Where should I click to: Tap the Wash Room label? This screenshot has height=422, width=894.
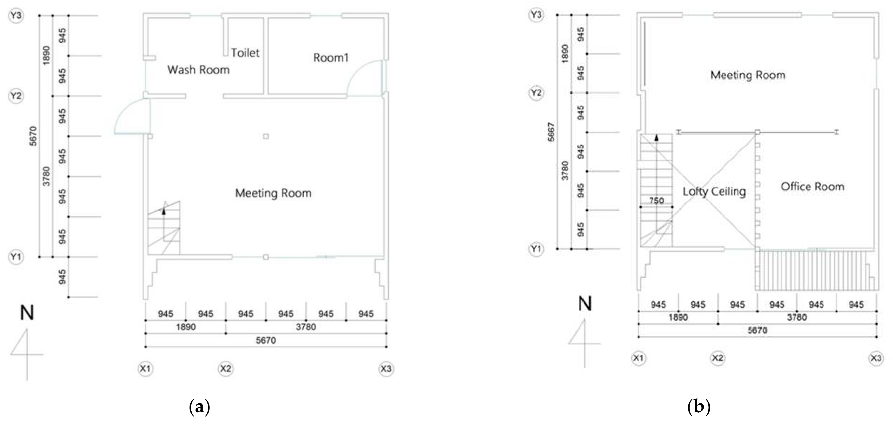point(198,70)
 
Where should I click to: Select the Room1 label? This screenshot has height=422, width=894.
point(331,57)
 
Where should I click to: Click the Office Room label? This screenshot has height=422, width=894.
point(812,187)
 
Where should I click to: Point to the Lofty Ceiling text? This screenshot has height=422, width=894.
point(714,191)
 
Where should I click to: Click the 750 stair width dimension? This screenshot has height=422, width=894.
point(656,200)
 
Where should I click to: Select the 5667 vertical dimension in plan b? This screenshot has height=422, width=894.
point(551,132)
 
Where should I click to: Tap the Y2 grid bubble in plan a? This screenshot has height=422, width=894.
point(16,96)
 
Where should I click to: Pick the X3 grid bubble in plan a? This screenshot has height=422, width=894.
point(386,369)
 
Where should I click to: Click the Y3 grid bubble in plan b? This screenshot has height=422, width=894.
point(536,15)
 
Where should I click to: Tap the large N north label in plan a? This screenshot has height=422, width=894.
point(27,313)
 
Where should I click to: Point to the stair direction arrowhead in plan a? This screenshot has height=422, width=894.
point(163,211)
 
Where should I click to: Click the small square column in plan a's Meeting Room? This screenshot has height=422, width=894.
point(266,136)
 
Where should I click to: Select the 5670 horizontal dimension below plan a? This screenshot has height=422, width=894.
point(266,340)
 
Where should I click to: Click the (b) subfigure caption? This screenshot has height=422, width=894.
point(699,406)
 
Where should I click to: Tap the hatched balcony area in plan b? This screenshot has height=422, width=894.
point(812,270)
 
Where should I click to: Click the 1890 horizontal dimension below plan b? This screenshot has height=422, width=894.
point(678,317)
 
